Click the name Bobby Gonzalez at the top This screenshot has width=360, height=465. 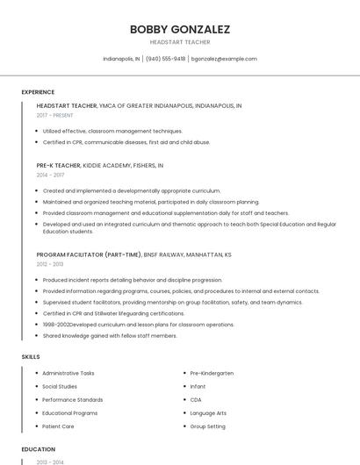pos(180,29)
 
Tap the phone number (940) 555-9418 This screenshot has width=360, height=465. pos(165,59)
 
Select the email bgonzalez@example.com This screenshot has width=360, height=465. pos(225,59)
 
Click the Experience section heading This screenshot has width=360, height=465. pos(38,92)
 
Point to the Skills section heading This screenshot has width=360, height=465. pos(31,356)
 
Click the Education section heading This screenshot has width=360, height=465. pos(38,449)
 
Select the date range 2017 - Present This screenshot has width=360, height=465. pos(54,115)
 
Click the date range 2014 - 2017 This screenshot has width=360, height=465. pos(50,175)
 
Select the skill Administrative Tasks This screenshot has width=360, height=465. pos(68,373)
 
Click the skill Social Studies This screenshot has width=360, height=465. pos(60,386)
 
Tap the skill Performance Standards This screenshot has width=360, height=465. pos(72,399)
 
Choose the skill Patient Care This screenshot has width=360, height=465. pos(58,426)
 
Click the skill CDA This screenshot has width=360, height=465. pos(196,399)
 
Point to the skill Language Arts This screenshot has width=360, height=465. pos(208,412)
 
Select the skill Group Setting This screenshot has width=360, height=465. pos(208,426)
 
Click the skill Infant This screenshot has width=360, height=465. pos(198,386)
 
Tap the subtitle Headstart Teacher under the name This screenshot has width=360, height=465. pos(180,41)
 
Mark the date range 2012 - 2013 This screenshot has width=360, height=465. pos(50,264)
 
